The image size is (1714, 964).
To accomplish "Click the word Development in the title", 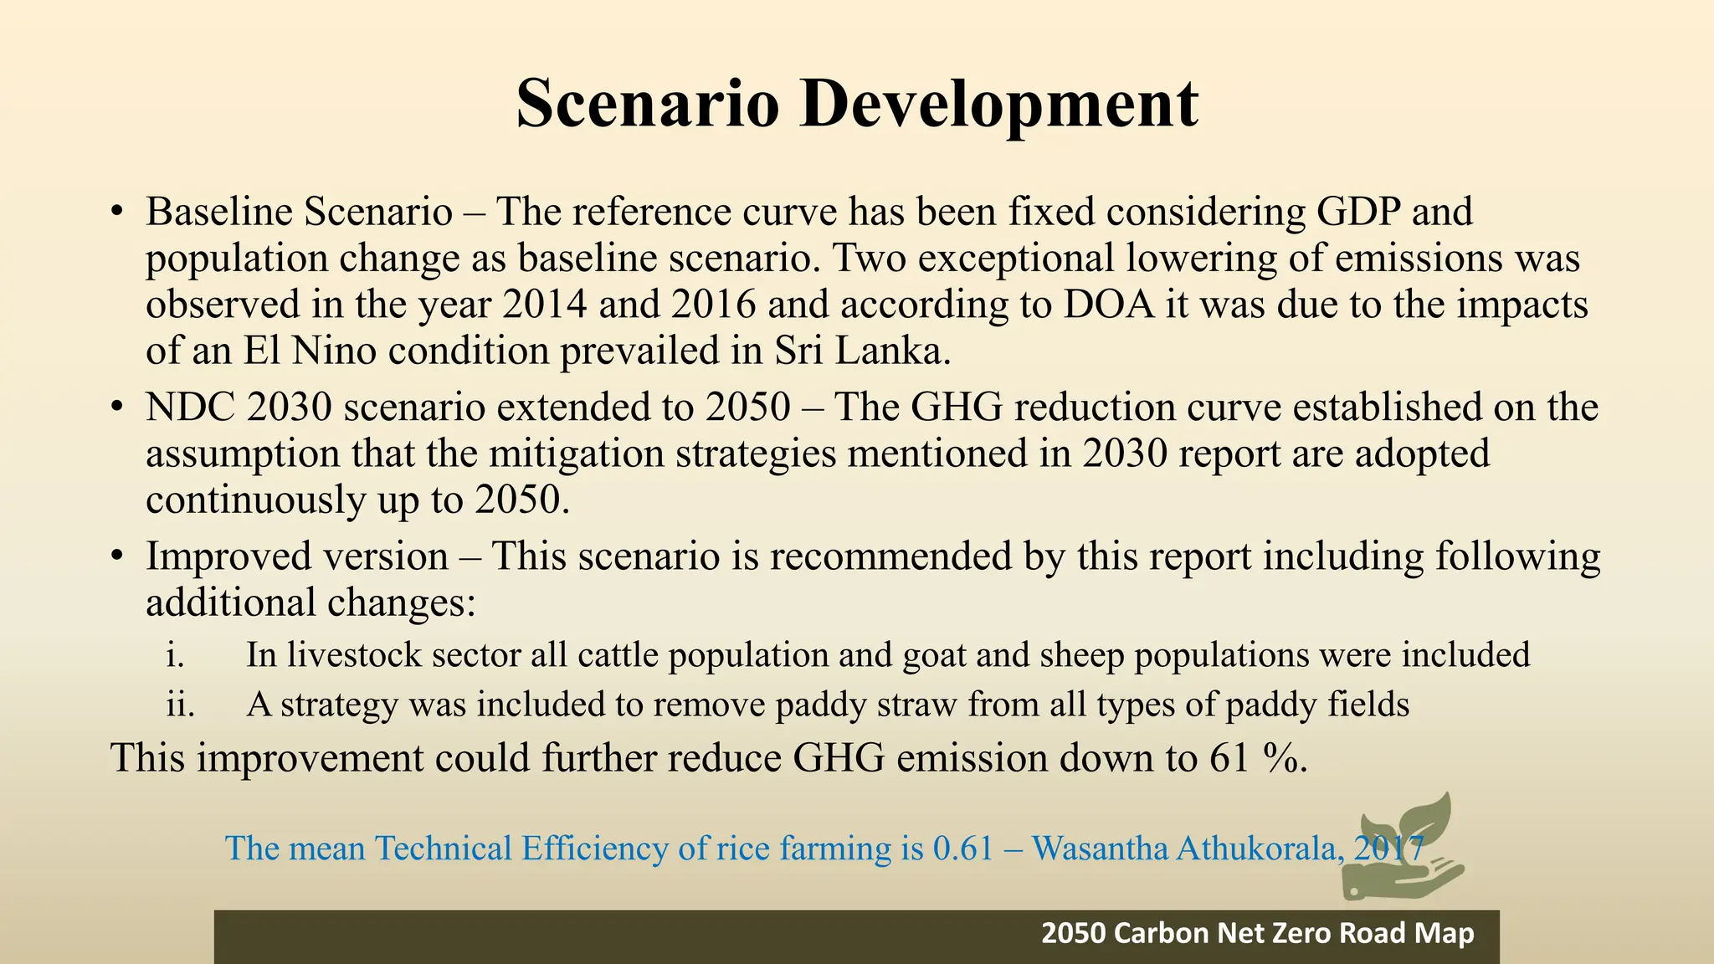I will click(x=998, y=104).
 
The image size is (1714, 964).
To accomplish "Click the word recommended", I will click(x=891, y=556).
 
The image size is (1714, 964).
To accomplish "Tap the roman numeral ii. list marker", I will click(x=180, y=705).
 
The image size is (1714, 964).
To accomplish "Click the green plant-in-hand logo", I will click(x=1402, y=845).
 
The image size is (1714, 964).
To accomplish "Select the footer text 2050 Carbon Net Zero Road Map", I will click(x=1257, y=933).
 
